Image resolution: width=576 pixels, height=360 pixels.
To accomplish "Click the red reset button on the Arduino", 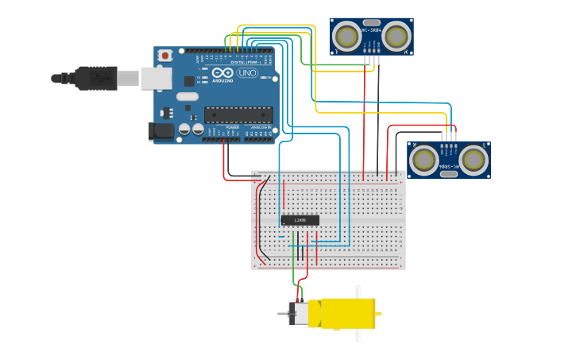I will pos(165,55).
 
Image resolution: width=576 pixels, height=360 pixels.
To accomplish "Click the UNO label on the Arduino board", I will pos(248,72).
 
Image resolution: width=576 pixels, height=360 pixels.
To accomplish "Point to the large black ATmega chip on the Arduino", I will pos(238,114).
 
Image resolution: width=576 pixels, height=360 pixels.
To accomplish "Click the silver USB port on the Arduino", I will pos(157,78).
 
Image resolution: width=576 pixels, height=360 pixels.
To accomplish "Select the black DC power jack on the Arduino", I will pos(162,132).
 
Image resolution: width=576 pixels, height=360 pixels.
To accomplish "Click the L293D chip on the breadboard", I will pos(300,220).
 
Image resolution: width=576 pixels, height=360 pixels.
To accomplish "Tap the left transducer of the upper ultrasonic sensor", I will pos(346,36).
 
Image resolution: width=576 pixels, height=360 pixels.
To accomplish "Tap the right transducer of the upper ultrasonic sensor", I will pos(396,36).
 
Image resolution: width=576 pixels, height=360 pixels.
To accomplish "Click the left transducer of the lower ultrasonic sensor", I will pos(423,160).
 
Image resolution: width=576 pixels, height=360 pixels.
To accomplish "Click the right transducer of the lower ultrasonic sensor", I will pos(474,160).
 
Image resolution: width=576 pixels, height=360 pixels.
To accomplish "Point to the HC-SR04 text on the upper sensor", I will pos(372,30).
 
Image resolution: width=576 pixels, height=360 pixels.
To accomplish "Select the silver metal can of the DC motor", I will pos(300,314).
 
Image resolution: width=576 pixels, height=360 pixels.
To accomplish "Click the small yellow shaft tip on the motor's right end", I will pos(379,314).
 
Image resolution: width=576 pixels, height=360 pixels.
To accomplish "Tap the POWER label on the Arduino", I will pos(232,127).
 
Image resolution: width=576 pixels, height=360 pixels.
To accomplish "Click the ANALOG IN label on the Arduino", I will pos(260,127).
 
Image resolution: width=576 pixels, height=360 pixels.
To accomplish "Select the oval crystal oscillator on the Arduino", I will pos(187,97).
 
